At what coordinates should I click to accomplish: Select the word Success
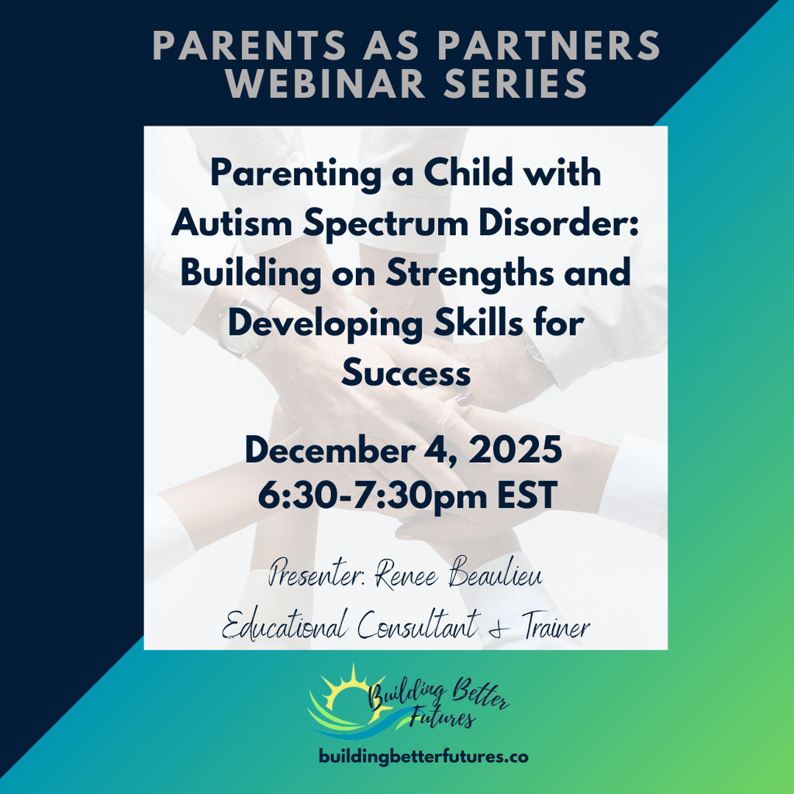tap(406, 375)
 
